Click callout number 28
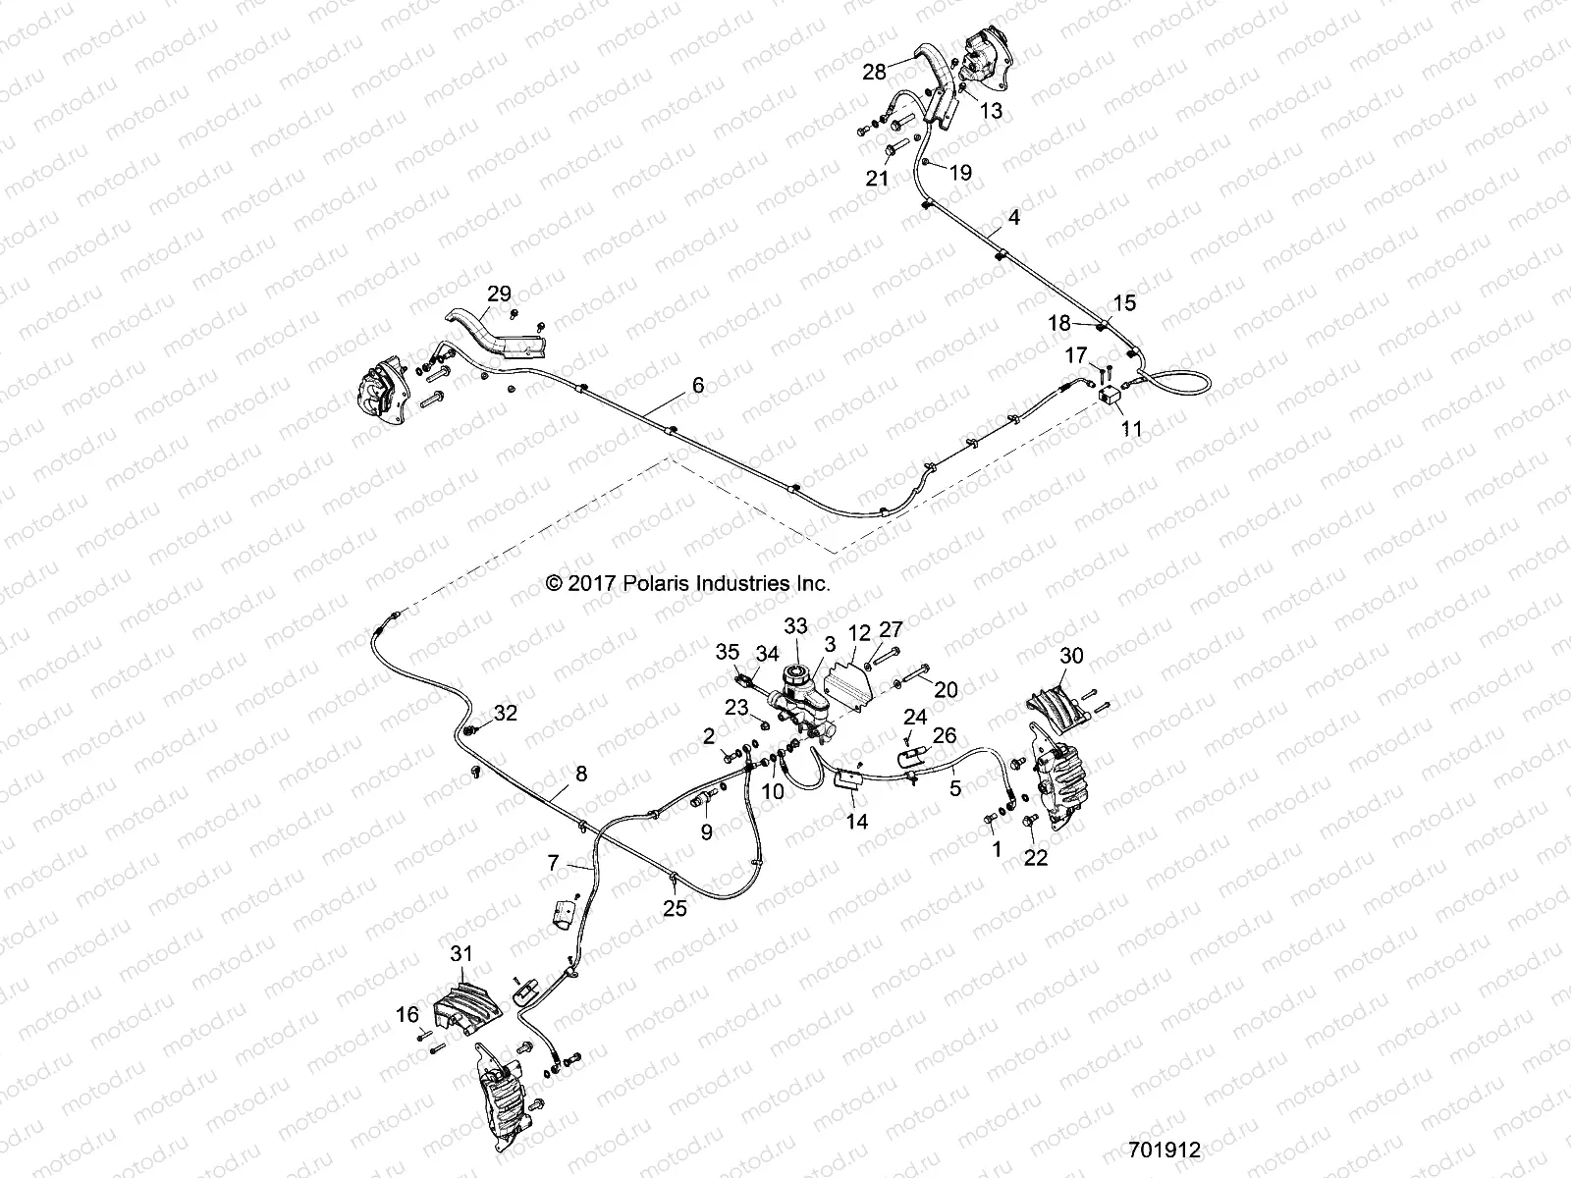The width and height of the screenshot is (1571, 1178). pos(875,71)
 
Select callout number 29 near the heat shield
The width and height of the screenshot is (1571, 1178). pos(499,293)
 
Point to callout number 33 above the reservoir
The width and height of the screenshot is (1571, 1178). pos(795,625)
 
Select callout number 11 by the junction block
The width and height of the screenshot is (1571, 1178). pos(1131,428)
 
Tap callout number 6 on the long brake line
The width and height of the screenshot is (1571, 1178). pos(698,386)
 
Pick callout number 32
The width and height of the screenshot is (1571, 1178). pos(505,713)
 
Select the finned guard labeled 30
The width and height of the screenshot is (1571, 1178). pos(1055,699)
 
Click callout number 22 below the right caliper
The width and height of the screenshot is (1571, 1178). pos(1036,857)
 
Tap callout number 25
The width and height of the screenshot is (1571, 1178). pos(675,909)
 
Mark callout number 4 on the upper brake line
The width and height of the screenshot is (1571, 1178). pos(1013,217)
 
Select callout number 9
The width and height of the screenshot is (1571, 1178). pos(707,832)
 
